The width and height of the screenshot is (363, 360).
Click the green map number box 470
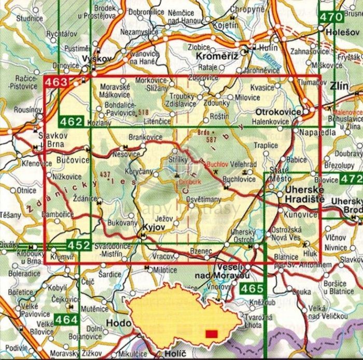pos(332,17)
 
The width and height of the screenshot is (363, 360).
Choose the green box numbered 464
pos(67,320)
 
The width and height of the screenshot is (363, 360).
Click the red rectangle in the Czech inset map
pos(212,334)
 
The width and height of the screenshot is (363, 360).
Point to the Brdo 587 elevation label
pos(203,135)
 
